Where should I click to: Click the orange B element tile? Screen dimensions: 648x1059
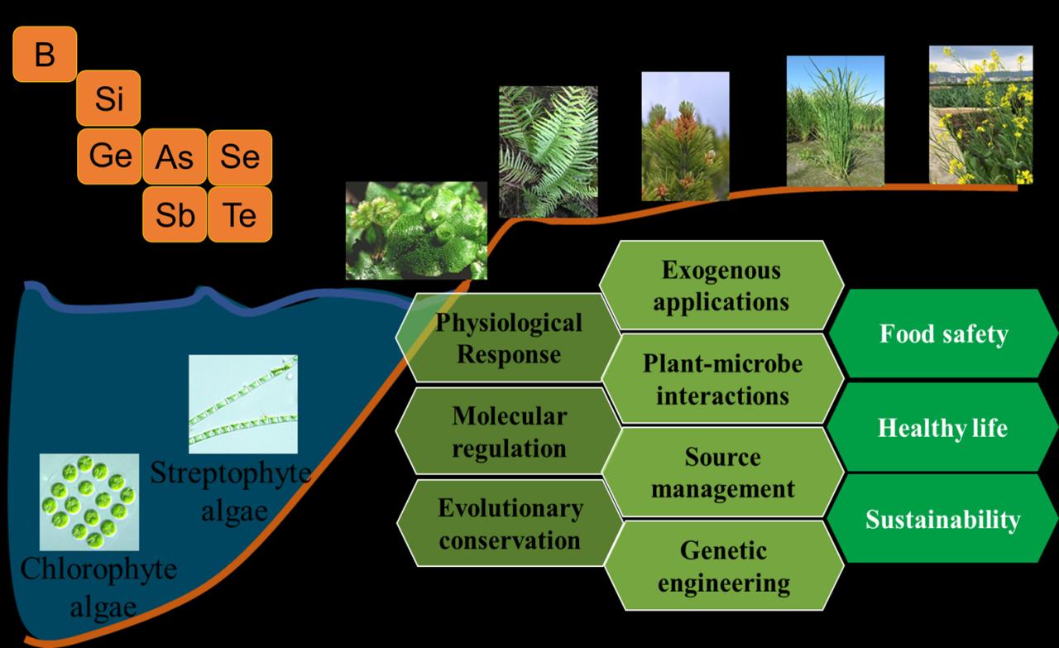pos(45,55)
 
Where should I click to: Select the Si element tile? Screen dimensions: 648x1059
pos(108,98)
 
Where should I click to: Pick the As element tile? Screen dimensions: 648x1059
pos(174,157)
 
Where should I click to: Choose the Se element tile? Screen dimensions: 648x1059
pos(239,157)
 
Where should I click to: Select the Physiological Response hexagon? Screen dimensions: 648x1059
pos(508,338)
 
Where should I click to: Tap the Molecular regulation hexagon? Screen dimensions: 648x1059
pos(508,431)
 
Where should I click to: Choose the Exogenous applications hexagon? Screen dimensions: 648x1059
pos(721,285)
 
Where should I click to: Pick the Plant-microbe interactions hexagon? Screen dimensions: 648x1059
pos(722,379)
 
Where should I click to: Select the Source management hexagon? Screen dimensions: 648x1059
pos(722,473)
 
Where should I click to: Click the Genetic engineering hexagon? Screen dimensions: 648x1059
pos(723,566)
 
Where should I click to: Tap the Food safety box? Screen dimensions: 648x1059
pos(943,334)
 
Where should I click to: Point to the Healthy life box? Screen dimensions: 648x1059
pos(943,428)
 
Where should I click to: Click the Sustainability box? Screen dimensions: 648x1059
pos(943,519)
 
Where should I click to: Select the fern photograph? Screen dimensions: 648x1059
pos(548,151)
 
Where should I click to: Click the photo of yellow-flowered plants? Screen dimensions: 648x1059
pos(980,115)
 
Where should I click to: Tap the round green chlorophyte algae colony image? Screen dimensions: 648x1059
pos(89,502)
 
